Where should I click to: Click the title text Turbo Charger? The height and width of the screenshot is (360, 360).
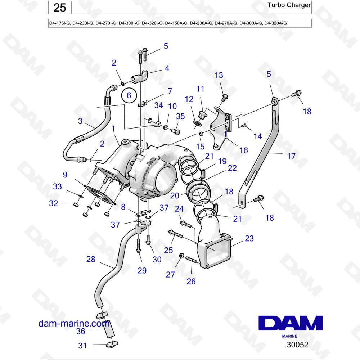pyautogui.click(x=289, y=5)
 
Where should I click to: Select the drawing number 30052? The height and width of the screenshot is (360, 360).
pyautogui.click(x=297, y=345)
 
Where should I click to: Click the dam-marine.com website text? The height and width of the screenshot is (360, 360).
pyautogui.click(x=74, y=324)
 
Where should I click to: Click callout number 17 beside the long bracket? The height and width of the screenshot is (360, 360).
pyautogui.click(x=291, y=156)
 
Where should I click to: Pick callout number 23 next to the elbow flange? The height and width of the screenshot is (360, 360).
pyautogui.click(x=249, y=238)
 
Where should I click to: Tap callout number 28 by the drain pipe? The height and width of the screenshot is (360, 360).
pyautogui.click(x=91, y=259)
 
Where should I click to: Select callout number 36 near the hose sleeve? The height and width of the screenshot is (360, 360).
pyautogui.click(x=81, y=331)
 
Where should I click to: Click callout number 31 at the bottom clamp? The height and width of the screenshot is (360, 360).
pyautogui.click(x=83, y=346)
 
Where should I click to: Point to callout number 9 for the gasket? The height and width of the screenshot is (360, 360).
pyautogui.click(x=65, y=175)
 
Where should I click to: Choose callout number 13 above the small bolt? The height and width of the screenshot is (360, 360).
pyautogui.click(x=219, y=75)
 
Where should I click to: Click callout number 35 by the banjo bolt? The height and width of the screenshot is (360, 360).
pyautogui.click(x=180, y=116)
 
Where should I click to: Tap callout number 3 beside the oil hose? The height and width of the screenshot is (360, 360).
pyautogui.click(x=80, y=121)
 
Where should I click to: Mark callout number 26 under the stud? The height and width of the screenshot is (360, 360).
pyautogui.click(x=191, y=282)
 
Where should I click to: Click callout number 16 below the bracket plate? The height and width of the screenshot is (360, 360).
pyautogui.click(x=244, y=150)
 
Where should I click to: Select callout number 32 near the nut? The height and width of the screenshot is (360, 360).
pyautogui.click(x=54, y=203)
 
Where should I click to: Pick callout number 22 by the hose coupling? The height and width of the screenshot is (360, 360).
pyautogui.click(x=232, y=168)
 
